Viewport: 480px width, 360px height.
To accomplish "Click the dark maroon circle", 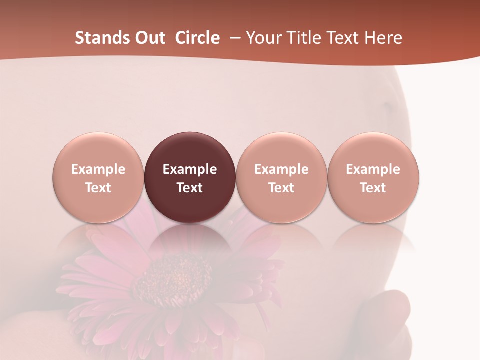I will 190,177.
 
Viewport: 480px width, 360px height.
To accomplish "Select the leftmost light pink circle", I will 98,177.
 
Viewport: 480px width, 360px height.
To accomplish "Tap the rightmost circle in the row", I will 373,177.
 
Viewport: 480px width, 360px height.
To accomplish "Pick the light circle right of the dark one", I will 281,177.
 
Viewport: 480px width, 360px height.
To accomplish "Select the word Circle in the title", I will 197,38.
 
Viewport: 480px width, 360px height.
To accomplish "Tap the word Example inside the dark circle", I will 190,169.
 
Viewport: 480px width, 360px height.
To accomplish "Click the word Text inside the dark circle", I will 190,188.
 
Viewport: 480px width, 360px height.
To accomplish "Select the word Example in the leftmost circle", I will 98,169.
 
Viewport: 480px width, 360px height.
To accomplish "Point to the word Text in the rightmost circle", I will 373,188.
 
